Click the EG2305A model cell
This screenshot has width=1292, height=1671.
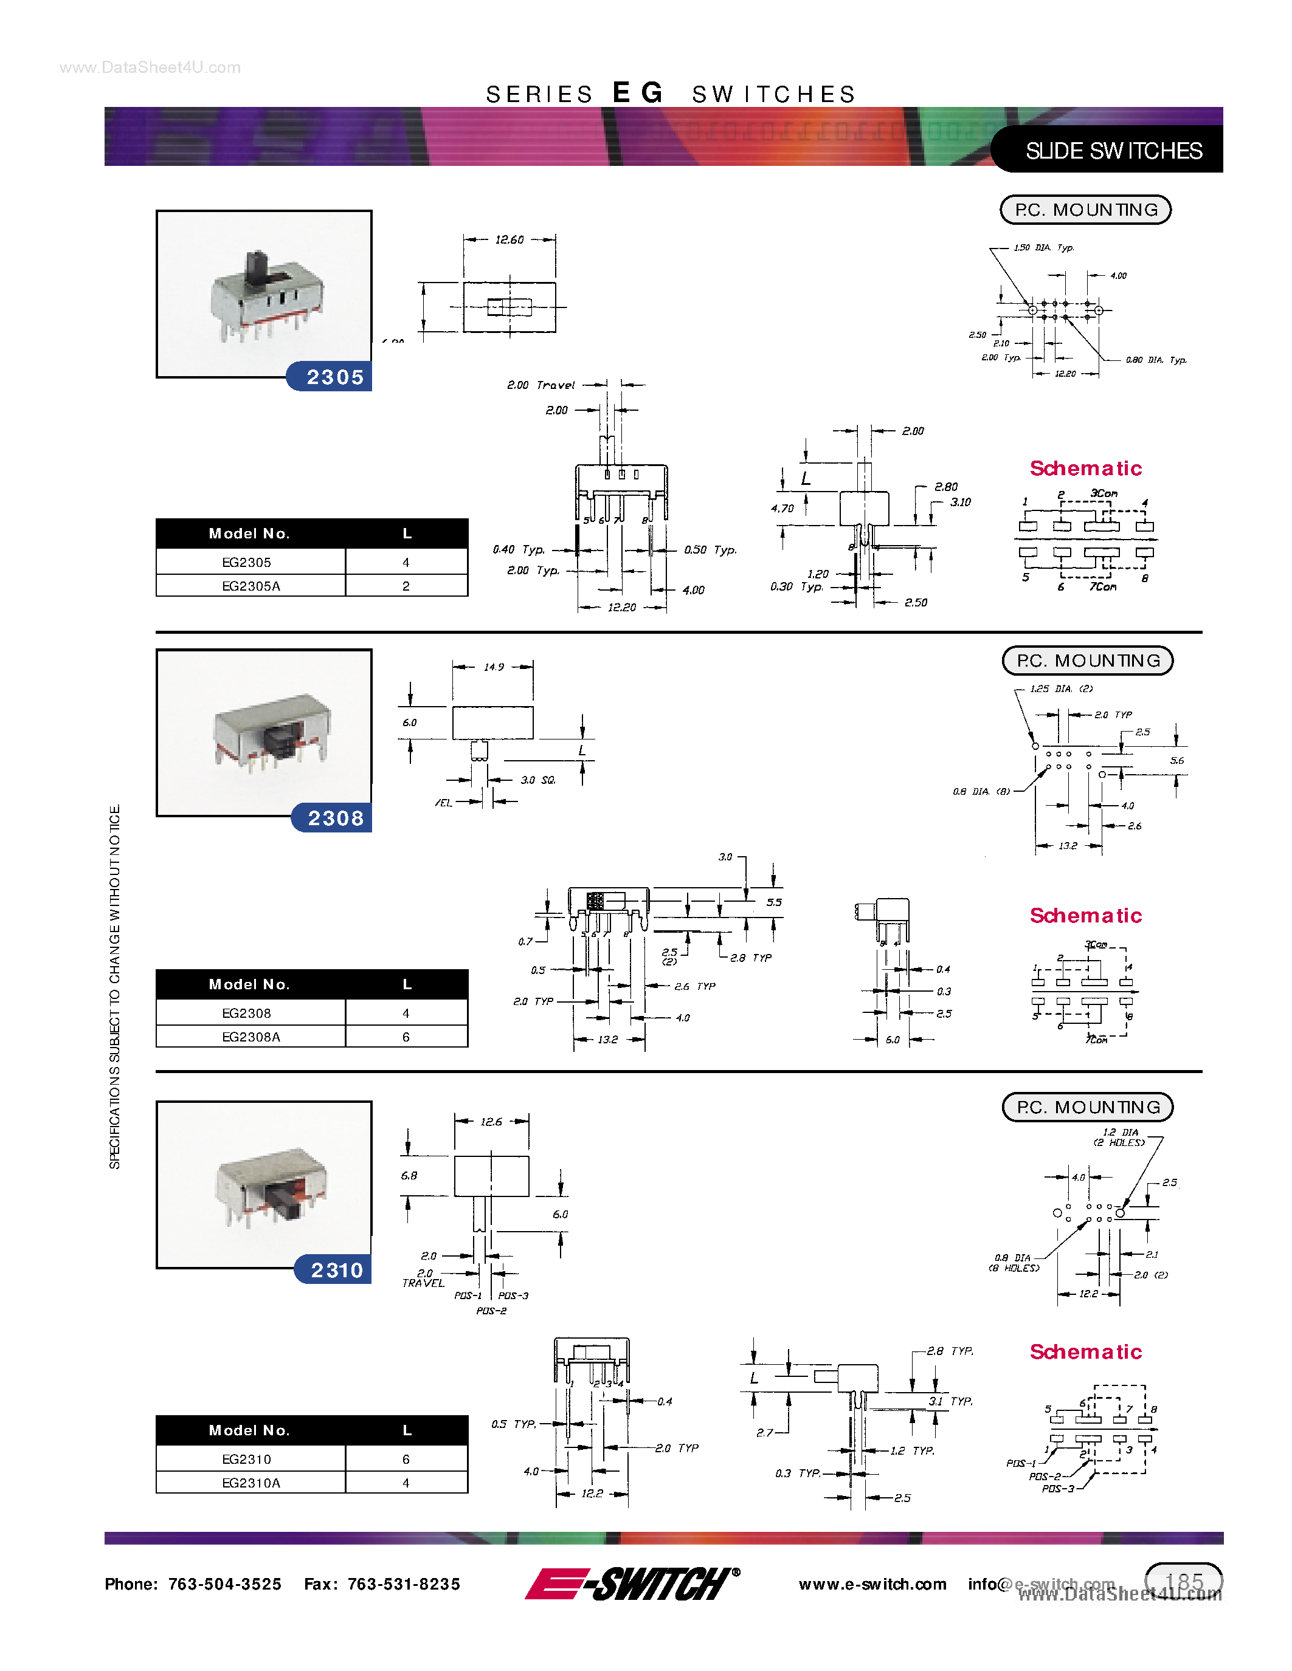tap(251, 586)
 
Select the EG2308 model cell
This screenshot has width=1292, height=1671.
tap(246, 1013)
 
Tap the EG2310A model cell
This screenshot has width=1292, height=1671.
tap(251, 1483)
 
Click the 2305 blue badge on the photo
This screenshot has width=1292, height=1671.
tap(334, 377)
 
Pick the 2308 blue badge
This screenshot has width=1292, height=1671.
tap(335, 818)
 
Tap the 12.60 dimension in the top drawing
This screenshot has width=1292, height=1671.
tap(509, 239)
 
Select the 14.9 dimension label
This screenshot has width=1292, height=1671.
tap(494, 667)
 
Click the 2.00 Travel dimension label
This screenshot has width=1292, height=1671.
tap(541, 385)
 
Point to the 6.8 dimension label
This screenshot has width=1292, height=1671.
tap(409, 1175)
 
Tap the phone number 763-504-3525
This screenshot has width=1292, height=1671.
tap(224, 1584)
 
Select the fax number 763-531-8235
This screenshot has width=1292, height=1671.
tap(403, 1584)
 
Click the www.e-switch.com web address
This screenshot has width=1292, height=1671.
tap(872, 1584)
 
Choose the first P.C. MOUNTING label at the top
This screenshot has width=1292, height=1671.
tap(1085, 210)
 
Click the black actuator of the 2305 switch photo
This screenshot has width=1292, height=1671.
tap(257, 268)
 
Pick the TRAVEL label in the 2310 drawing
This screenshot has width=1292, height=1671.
tap(423, 1283)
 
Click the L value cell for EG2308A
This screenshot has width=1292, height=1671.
tap(406, 1037)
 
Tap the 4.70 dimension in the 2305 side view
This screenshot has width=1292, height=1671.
tap(782, 508)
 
